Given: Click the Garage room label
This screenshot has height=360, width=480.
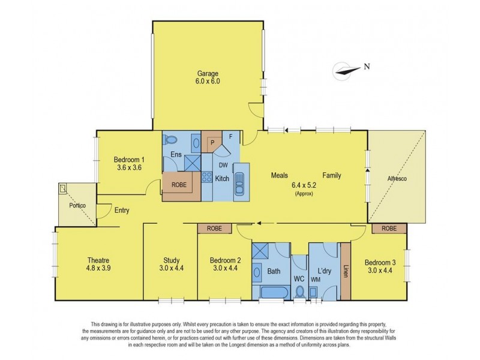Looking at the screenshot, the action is point(208,73).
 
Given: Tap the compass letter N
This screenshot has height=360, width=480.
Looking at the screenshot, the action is point(367,67).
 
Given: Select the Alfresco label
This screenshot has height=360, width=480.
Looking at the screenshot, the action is point(397,178).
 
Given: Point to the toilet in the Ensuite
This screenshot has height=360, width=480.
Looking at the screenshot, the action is point(170,140).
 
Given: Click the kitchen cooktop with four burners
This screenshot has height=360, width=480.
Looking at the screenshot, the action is point(207,177).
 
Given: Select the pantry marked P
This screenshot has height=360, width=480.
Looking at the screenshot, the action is point(212,143).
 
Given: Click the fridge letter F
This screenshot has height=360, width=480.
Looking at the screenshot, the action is point(231,137).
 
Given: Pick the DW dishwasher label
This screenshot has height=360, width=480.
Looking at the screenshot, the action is point(223,166).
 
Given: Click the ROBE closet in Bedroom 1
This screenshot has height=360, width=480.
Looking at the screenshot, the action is point(179,185).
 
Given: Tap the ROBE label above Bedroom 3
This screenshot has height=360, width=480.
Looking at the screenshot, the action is point(389,229).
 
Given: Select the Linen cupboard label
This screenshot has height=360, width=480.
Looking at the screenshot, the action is point(346,271).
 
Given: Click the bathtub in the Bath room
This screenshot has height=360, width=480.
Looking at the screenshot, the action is point(274,293).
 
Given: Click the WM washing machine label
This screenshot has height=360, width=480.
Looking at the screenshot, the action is point(316,280).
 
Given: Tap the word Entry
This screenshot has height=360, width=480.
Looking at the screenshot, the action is point(122,211).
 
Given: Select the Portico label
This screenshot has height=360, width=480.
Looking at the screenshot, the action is point(77,205).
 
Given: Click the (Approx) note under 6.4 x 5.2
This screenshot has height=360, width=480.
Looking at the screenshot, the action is point(304,194).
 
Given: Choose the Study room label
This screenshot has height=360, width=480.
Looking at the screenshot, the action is point(172,260).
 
